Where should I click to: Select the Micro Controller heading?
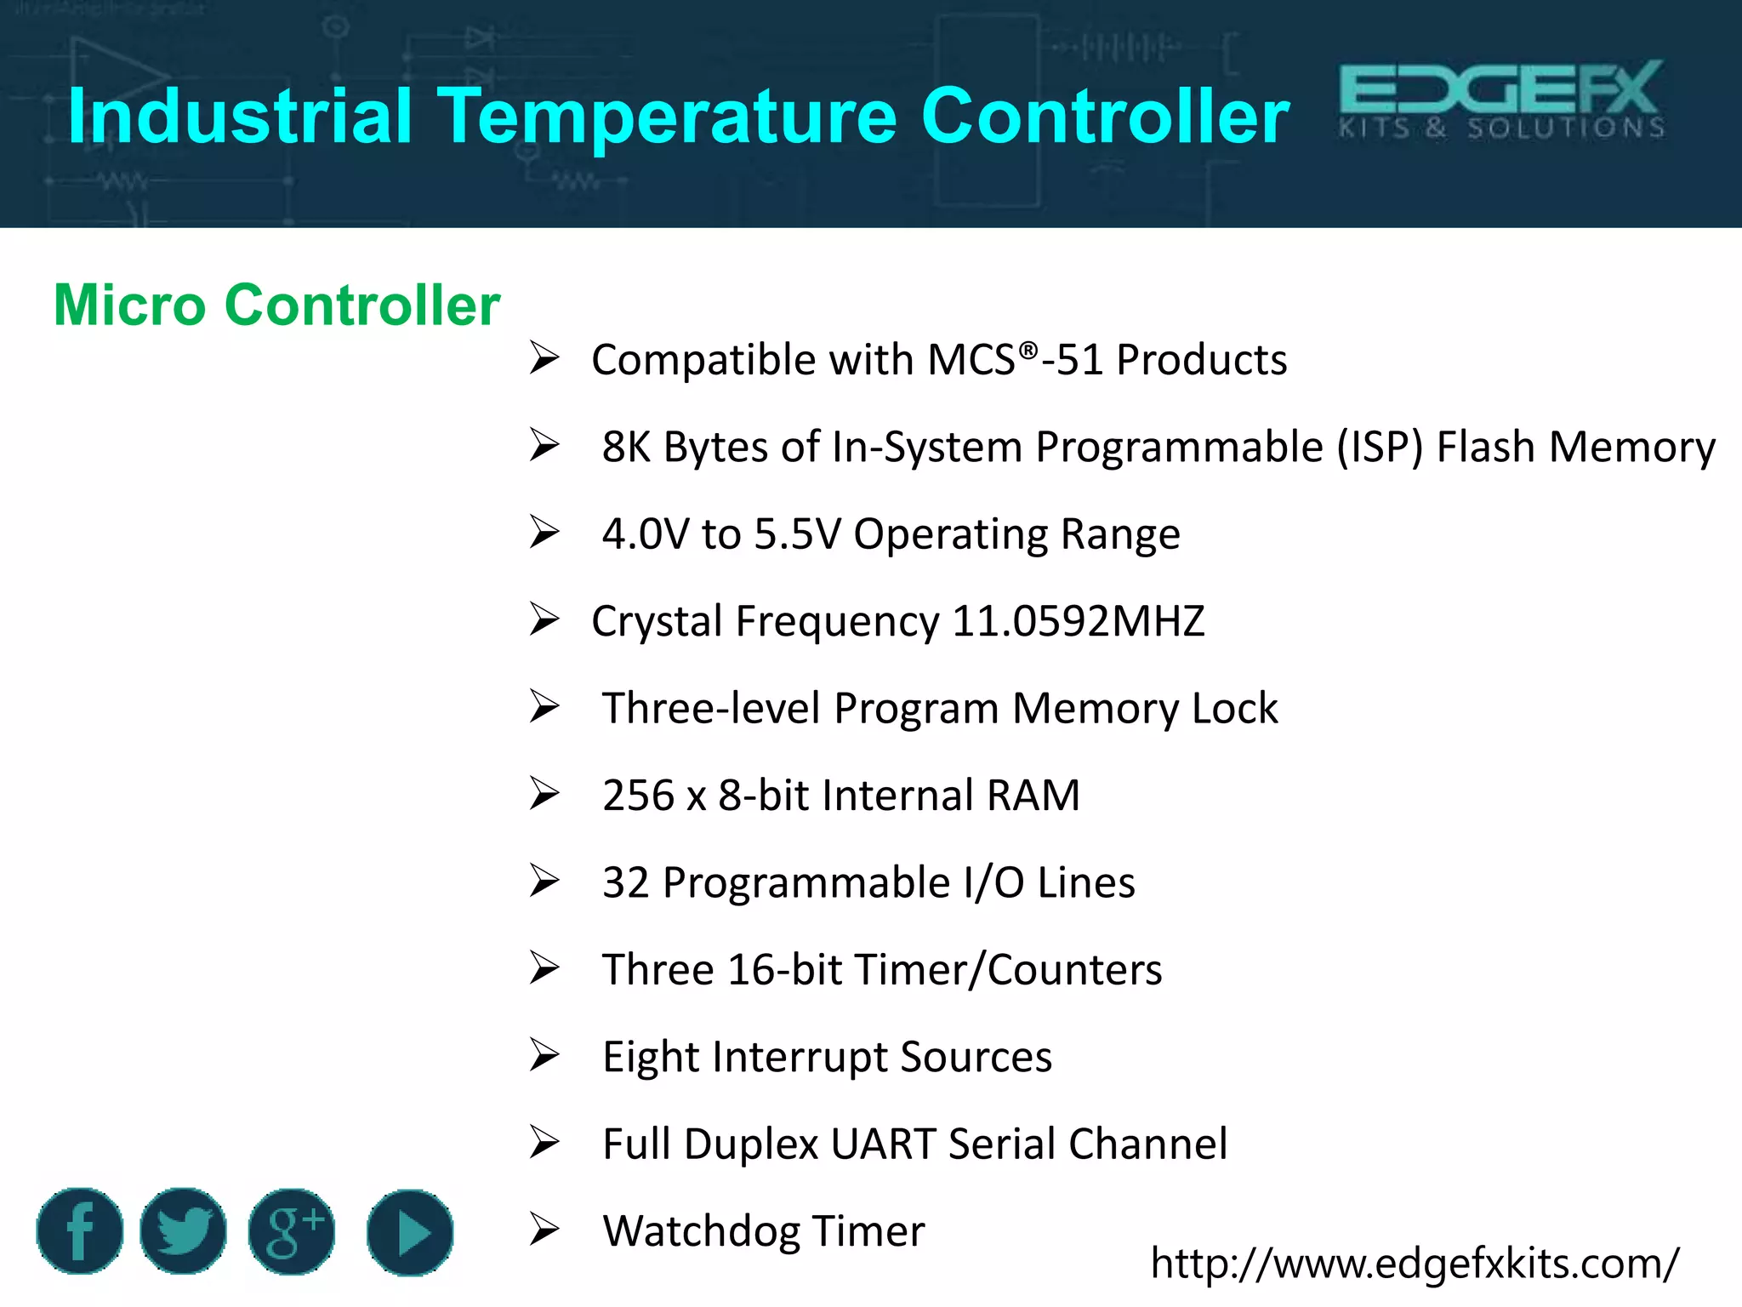(x=276, y=305)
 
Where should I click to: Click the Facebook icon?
(x=80, y=1231)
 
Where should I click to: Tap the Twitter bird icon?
(x=184, y=1231)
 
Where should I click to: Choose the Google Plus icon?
(x=292, y=1231)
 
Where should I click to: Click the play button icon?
(x=410, y=1232)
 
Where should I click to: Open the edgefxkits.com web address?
(x=1414, y=1263)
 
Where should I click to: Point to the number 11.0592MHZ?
(x=1078, y=621)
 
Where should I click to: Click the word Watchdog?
(x=702, y=1231)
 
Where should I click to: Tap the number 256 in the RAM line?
(x=638, y=796)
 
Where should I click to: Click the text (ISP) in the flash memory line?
(x=1379, y=447)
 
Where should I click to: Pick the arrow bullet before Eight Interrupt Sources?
(x=544, y=1055)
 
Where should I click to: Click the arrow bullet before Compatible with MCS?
(x=544, y=357)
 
